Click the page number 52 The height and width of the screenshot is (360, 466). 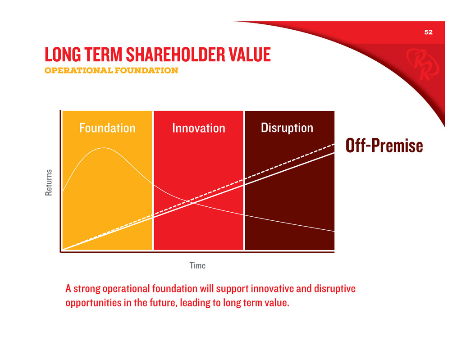(x=428, y=32)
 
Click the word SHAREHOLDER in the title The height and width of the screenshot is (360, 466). (x=175, y=55)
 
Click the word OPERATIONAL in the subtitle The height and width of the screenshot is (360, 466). (x=78, y=70)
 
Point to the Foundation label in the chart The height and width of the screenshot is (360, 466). (x=107, y=128)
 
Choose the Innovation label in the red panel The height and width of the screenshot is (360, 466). (x=199, y=128)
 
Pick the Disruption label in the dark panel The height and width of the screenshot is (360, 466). (x=287, y=128)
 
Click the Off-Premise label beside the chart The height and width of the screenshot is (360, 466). (x=384, y=146)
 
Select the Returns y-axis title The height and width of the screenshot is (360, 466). (x=48, y=182)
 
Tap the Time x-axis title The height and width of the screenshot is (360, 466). (x=197, y=265)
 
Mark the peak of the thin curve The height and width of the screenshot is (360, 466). (x=104, y=148)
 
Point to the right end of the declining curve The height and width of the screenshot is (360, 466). (x=334, y=231)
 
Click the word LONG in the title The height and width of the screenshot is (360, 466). (x=62, y=55)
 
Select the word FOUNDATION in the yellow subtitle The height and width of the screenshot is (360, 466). (x=146, y=70)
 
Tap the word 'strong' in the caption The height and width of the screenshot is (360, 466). (x=87, y=289)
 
